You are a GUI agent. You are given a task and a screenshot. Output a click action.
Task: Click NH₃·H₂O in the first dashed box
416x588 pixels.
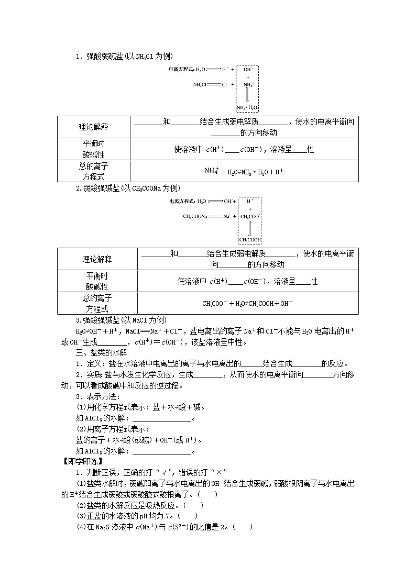coord(247,107)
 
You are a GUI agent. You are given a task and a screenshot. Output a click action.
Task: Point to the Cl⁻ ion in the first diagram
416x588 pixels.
coord(225,84)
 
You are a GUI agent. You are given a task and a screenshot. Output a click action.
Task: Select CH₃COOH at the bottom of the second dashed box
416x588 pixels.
coord(250,240)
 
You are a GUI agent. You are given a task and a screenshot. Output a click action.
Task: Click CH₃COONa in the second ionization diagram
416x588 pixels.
coord(195,216)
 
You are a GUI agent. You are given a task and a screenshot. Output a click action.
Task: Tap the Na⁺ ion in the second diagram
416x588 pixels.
coord(227,216)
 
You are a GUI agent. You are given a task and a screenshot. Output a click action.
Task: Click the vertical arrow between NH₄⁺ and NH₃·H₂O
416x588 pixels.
coord(248,95)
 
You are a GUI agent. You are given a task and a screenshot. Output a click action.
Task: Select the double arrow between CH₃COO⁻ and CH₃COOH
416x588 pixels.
coord(250,228)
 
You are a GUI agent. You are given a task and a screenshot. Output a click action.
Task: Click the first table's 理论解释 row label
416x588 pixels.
coord(93,127)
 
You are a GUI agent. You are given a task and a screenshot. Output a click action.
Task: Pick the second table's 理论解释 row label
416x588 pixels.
coord(97,259)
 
